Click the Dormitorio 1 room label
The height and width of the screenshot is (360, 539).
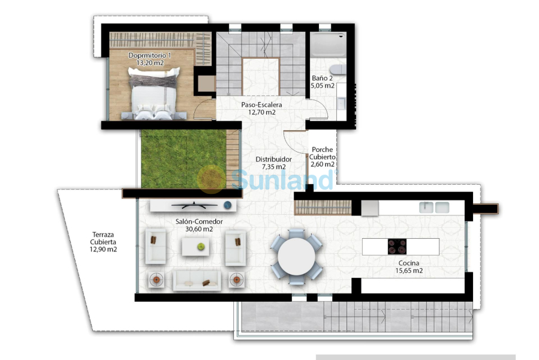click(x=149, y=59)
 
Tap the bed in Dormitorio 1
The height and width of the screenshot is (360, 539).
click(x=154, y=93)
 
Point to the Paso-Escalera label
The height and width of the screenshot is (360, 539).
click(x=262, y=108)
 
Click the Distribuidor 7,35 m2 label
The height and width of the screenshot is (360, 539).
click(x=270, y=163)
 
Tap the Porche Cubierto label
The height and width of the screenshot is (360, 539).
click(x=322, y=157)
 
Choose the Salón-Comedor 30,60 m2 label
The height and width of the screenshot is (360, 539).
click(x=199, y=225)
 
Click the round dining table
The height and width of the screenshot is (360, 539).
click(x=296, y=256)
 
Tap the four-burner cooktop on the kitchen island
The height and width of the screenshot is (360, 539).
click(x=397, y=247)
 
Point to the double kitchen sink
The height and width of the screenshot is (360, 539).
click(x=435, y=208)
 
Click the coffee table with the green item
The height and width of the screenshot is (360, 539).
click(x=197, y=245)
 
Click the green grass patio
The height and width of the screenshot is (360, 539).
click(x=182, y=159)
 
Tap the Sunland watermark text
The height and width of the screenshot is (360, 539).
click(x=282, y=178)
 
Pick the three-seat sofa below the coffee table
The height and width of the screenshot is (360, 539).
click(x=197, y=280)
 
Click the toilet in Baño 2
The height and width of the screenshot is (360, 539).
click(x=337, y=70)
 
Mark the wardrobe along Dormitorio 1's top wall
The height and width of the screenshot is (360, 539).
click(x=160, y=40)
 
